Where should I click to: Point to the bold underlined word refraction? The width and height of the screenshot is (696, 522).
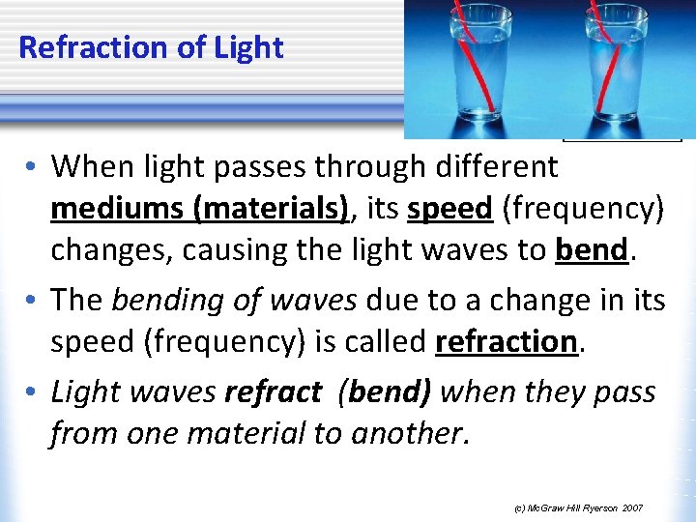tap(507, 341)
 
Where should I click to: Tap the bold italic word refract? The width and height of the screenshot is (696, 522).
tap(273, 391)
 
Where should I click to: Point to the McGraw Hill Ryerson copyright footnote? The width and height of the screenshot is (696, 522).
tap(578, 507)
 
